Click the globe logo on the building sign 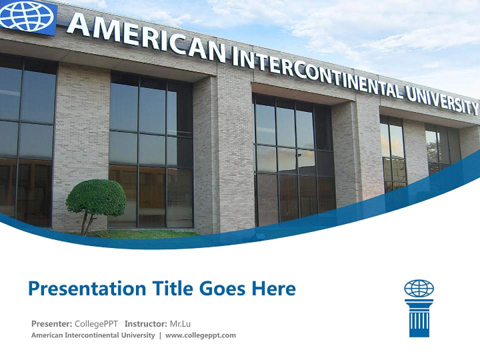(x=27, y=16)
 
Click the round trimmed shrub (x=95, y=197)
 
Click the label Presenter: (x=52, y=323)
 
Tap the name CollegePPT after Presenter (x=96, y=323)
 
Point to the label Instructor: (x=145, y=323)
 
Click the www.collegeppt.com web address (x=200, y=335)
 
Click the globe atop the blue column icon (x=419, y=288)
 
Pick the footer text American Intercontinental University (x=93, y=335)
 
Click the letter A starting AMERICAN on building (x=78, y=24)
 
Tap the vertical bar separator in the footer (x=160, y=335)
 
